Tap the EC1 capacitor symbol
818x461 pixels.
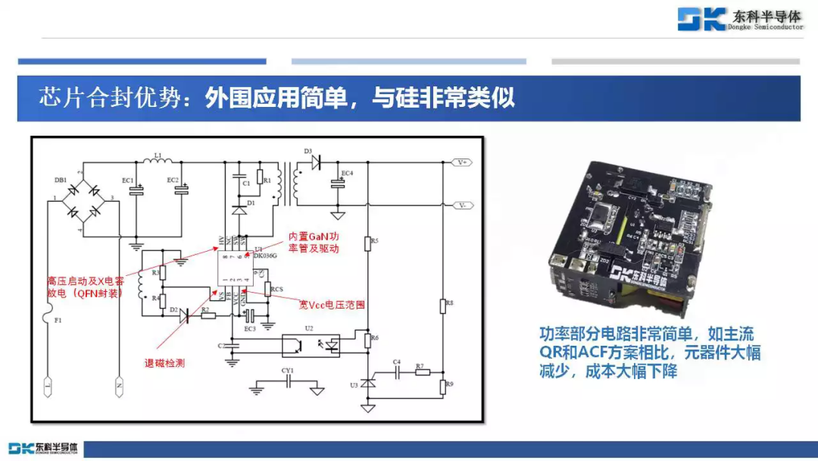point(136,190)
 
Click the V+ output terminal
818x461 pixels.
point(463,162)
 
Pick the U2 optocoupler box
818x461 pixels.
point(311,345)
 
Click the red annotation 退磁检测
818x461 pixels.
point(164,363)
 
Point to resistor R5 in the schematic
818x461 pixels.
point(367,243)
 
